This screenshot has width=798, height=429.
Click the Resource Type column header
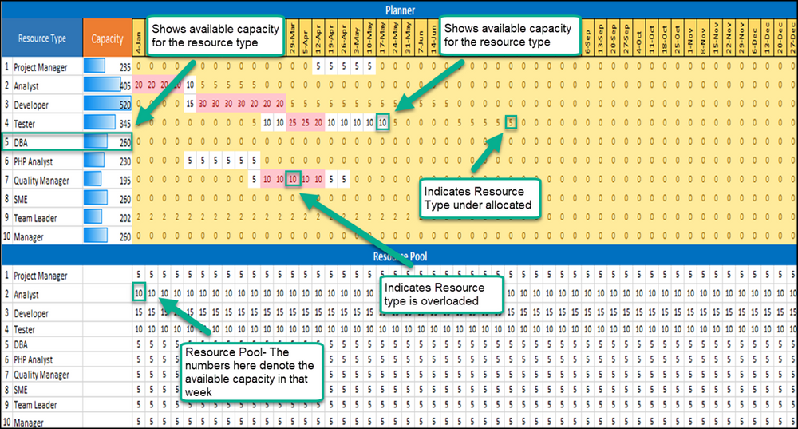point(43,38)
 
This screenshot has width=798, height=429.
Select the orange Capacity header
point(107,38)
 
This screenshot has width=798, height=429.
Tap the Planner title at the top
point(398,10)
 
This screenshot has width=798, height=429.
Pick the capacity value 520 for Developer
point(124,105)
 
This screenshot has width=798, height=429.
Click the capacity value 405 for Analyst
point(124,85)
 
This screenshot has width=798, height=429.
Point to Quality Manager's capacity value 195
point(124,180)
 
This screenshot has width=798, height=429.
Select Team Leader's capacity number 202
point(124,218)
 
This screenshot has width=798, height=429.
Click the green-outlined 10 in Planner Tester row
point(384,122)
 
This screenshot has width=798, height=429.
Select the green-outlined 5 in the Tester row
point(510,122)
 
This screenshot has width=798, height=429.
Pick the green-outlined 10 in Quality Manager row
point(294,180)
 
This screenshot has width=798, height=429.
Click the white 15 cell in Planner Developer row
point(189,104)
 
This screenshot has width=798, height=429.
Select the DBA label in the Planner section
point(22,142)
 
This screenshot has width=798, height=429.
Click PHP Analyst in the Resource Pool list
point(33,359)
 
